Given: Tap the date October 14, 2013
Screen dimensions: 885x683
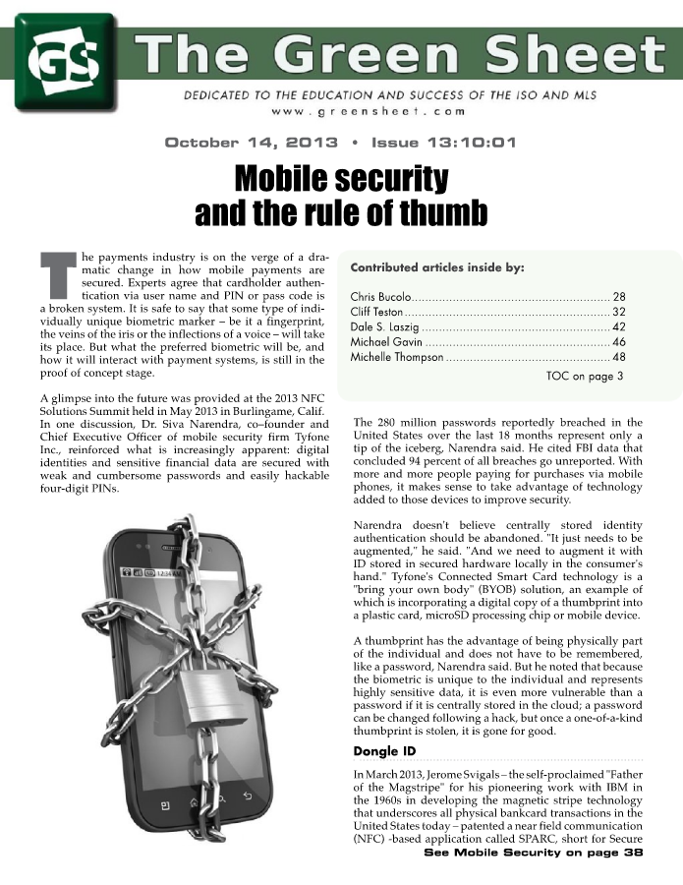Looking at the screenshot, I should [250, 143].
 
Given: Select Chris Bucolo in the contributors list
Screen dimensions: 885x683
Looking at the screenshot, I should [380, 296].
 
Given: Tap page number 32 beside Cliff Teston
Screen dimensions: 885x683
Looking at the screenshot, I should [618, 314].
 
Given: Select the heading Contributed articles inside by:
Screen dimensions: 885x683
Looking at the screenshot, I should [437, 266].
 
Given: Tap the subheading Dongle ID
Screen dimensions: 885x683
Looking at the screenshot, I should [384, 752].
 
